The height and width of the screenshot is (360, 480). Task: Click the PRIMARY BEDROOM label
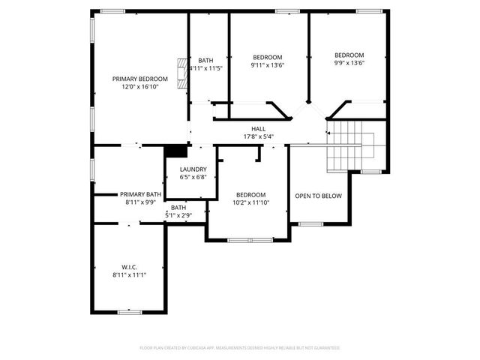(x=139, y=79)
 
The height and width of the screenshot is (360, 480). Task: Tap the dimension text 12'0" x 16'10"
(x=139, y=86)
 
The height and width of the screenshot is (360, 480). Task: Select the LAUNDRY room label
(x=192, y=169)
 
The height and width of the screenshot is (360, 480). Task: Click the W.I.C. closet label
(x=129, y=267)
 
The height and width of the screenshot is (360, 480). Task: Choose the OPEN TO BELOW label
(x=318, y=196)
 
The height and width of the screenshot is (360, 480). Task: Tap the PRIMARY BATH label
(x=140, y=194)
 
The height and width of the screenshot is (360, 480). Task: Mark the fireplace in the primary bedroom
(x=181, y=74)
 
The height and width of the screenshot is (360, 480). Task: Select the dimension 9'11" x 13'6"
(x=267, y=65)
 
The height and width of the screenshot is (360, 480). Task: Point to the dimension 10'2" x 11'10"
(x=250, y=202)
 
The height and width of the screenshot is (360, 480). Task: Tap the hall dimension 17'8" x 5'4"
(x=259, y=136)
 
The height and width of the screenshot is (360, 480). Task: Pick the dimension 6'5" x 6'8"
(x=192, y=177)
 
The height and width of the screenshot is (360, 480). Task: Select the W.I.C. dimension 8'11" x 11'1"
(x=129, y=274)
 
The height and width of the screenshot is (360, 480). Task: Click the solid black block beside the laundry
(x=175, y=150)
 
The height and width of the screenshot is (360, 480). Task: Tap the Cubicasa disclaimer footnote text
(x=240, y=348)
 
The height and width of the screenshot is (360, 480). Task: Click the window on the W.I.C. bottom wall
(x=130, y=311)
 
